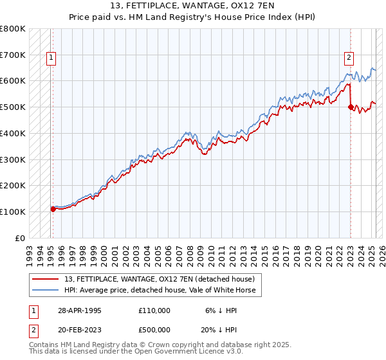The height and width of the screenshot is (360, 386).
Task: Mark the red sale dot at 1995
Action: click(53, 209)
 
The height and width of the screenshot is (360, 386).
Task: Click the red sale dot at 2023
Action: click(351, 107)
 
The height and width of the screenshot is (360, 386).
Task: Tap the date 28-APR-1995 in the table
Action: click(80, 310)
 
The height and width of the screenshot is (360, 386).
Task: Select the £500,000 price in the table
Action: click(154, 331)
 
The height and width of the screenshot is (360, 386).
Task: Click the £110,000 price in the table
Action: click(154, 310)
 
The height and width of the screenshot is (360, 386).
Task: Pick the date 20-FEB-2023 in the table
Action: click(80, 331)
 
